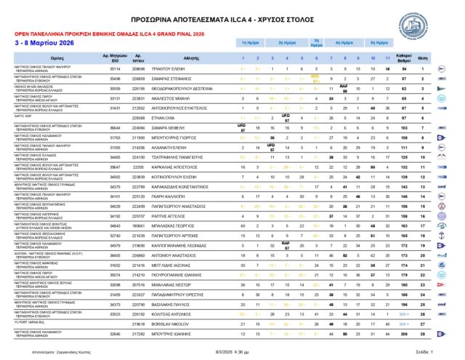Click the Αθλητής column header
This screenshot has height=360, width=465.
point(190,56)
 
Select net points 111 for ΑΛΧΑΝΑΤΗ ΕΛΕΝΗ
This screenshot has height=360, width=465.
point(424,146)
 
